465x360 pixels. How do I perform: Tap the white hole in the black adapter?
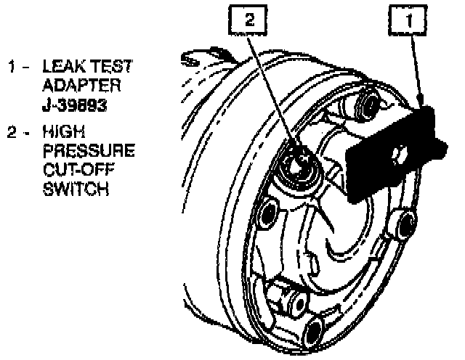pyautogui.click(x=399, y=153)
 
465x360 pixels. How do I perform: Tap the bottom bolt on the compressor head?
pyautogui.click(x=312, y=334)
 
